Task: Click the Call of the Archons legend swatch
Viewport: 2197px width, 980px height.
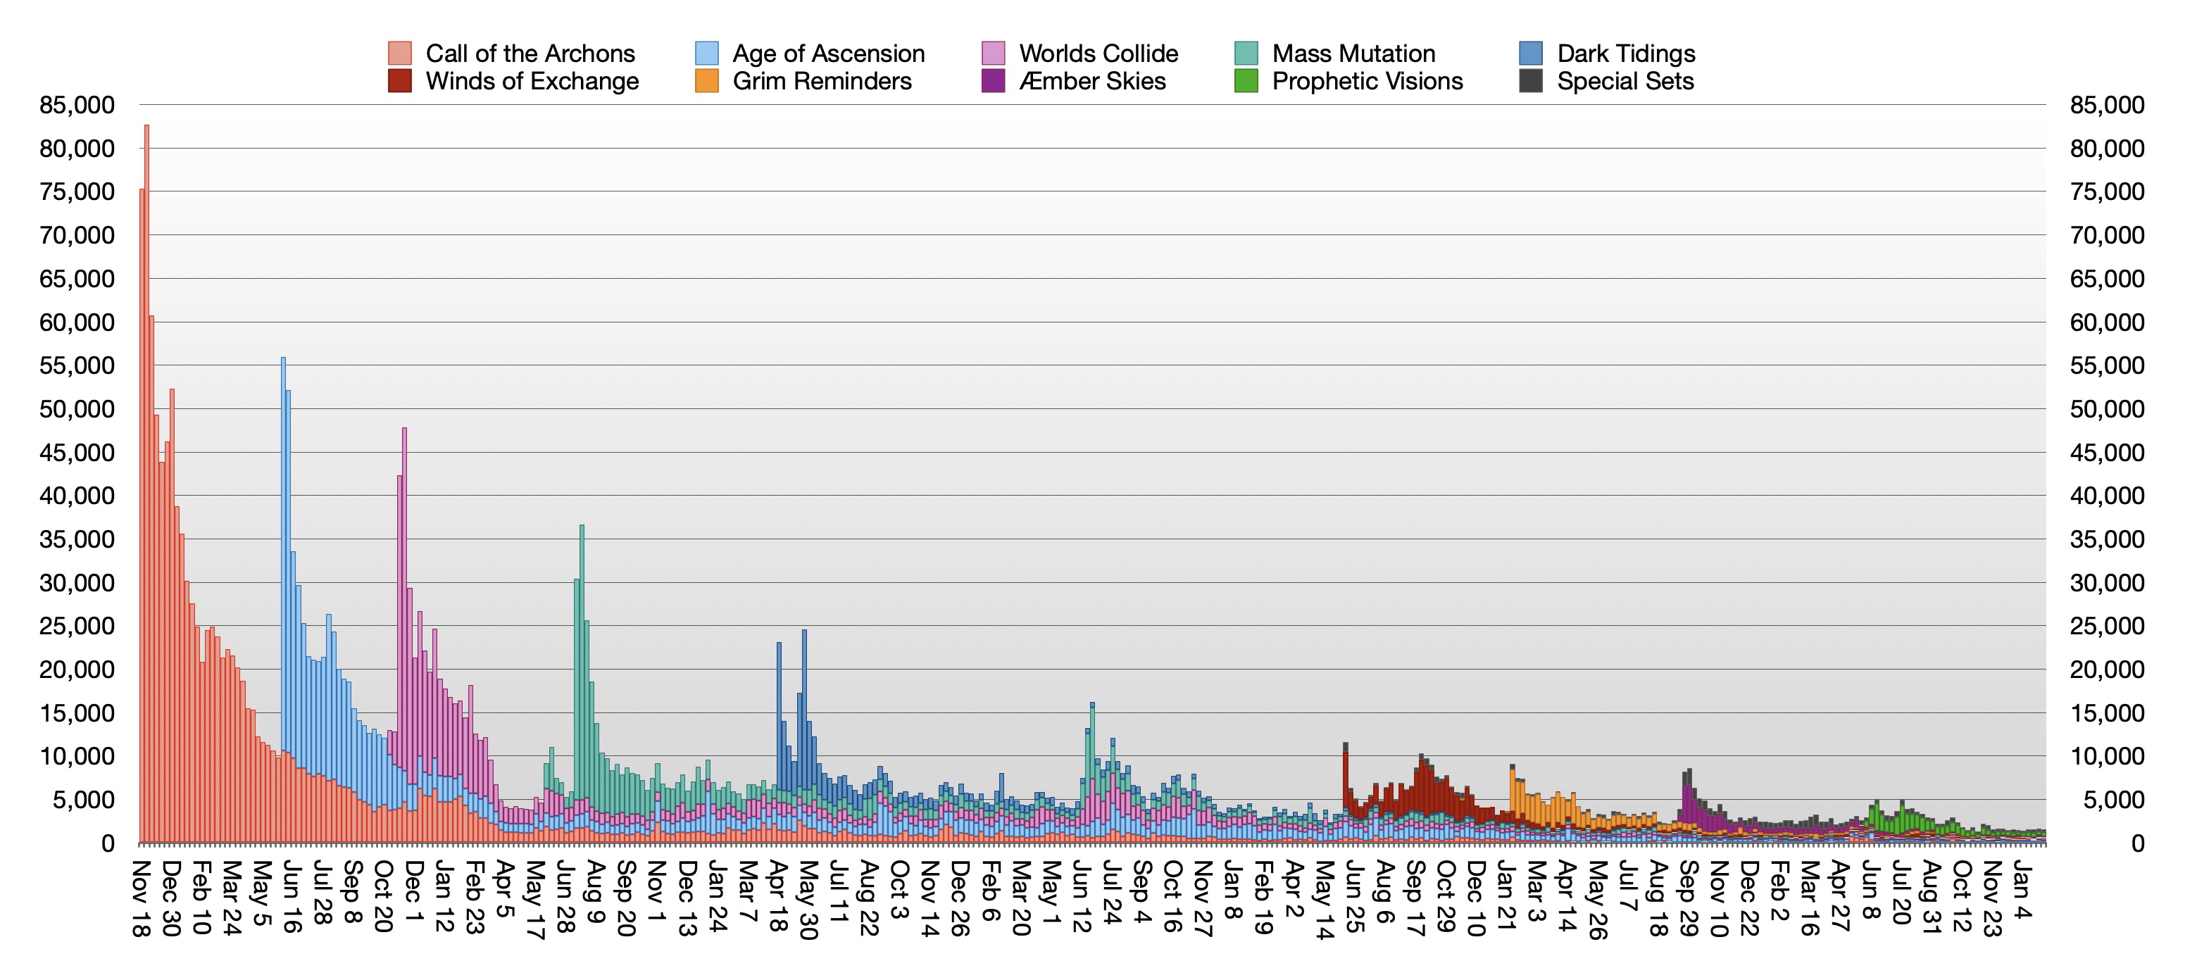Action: pos(399,53)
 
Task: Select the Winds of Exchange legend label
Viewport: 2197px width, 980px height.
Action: pos(532,81)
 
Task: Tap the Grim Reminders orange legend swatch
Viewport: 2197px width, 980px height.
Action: pos(706,81)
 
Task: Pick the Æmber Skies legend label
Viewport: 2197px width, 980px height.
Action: pos(1093,81)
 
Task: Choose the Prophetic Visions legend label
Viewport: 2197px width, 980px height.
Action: pos(1367,81)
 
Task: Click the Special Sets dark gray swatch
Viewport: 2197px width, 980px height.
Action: pos(1531,81)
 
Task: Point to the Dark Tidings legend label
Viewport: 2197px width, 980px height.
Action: pos(1626,53)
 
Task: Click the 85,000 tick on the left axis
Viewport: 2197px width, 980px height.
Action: pos(77,105)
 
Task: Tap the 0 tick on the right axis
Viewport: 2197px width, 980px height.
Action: pos(2137,843)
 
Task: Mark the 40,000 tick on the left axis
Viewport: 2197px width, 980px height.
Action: pos(77,496)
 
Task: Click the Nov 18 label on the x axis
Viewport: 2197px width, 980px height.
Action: pos(141,898)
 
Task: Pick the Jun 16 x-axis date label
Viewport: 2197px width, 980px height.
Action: pos(292,896)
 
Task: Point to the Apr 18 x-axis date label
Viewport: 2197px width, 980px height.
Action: pos(777,895)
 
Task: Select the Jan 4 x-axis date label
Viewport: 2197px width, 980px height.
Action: pos(2020,890)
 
